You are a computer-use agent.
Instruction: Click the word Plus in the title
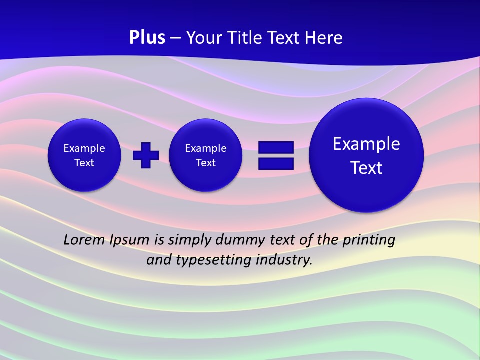[147, 38]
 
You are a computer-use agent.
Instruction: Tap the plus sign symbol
[146, 155]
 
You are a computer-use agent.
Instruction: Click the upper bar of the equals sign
[276, 147]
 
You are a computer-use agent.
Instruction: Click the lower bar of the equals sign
[276, 164]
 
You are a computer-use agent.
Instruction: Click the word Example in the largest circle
[366, 144]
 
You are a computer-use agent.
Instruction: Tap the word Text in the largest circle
[366, 168]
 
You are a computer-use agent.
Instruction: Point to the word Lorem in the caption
[84, 240]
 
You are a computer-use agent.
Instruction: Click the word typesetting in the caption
[220, 260]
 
